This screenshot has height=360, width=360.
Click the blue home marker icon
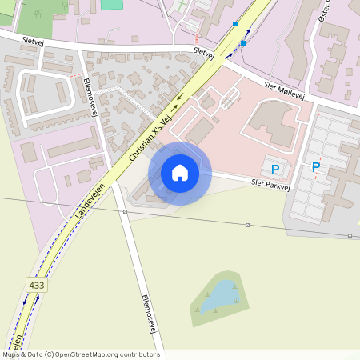point(180,173)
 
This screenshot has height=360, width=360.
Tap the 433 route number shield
point(36,284)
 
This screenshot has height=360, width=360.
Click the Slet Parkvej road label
point(269,183)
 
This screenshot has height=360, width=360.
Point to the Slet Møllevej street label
point(284,89)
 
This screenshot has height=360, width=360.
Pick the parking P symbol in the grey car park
point(316,167)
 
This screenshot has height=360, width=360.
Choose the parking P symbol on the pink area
point(275,169)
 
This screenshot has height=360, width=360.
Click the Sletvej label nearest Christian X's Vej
point(204,53)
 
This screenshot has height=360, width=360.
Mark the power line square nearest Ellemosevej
point(126,211)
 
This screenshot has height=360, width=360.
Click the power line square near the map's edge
point(350,235)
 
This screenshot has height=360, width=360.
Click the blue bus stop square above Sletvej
point(235,24)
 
